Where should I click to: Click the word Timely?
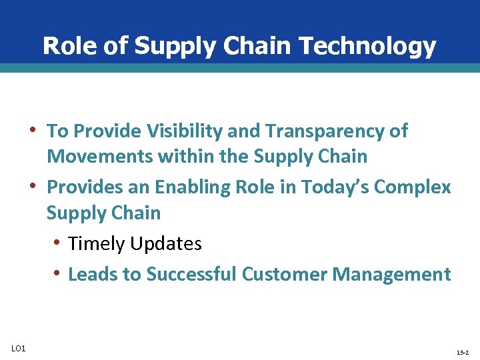click(x=97, y=244)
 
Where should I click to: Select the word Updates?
click(x=166, y=244)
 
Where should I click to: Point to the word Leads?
click(x=95, y=274)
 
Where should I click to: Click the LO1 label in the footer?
click(x=18, y=348)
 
